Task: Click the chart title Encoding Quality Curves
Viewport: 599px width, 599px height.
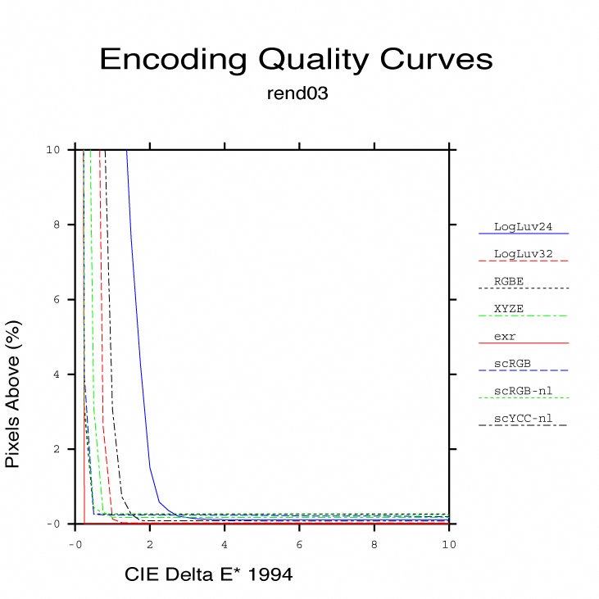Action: click(296, 60)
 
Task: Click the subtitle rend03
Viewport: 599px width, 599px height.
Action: click(297, 93)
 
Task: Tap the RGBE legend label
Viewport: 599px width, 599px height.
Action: click(509, 281)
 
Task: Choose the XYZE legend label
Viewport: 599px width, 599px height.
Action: click(509, 308)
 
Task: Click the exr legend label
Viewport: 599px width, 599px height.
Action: click(505, 336)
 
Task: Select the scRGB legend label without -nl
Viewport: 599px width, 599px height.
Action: click(513, 363)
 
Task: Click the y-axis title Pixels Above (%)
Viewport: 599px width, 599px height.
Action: click(14, 394)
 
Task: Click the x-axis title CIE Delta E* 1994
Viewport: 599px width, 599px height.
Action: click(208, 575)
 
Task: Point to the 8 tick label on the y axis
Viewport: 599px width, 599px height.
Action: click(53, 225)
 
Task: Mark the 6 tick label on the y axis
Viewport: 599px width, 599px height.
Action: click(53, 299)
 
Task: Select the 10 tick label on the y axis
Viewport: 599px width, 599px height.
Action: click(52, 150)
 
